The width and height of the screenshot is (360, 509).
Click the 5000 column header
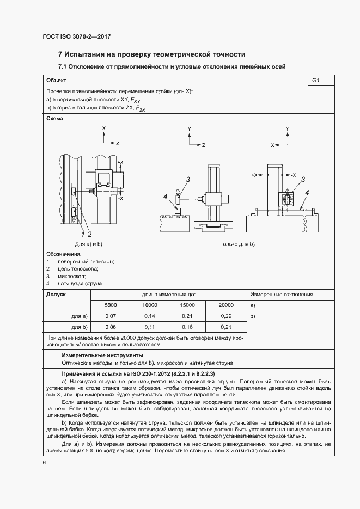pos(111,305)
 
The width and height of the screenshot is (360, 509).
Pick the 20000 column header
pos(226,305)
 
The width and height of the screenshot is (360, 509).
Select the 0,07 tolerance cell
pos(111,316)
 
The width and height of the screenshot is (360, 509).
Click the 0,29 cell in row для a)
pos(226,316)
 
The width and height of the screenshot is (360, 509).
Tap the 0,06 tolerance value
pos(111,327)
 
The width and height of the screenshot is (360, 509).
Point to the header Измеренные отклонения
pos(282,295)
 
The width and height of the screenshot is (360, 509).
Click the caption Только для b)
pos(237,244)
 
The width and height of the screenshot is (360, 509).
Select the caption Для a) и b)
pos(89,244)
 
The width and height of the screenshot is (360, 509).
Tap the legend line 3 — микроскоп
pos(66,277)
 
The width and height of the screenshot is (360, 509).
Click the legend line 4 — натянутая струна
pos(74,284)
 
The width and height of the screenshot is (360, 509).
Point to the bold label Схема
pos(55,119)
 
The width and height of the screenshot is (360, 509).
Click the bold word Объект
pos(56,81)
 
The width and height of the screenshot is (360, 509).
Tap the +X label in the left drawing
pos(120,162)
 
